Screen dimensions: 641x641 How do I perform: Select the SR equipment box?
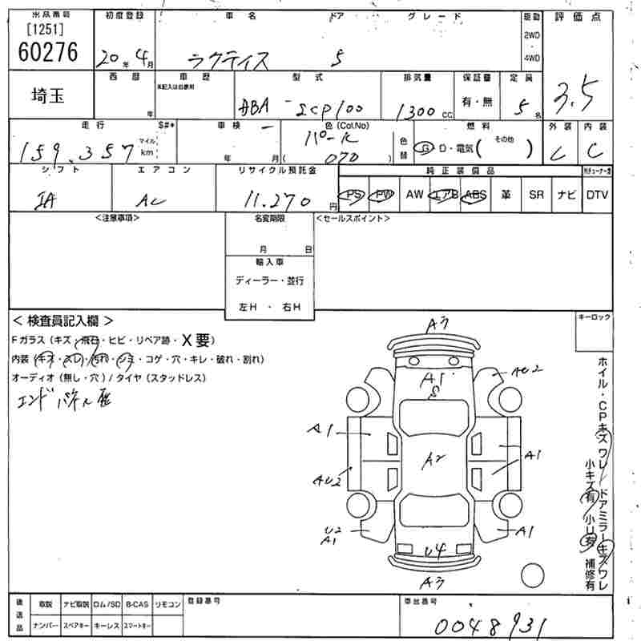point(536,195)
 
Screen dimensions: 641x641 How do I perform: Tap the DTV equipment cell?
point(596,195)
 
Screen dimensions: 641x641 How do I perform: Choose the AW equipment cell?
point(414,195)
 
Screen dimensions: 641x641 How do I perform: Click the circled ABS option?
point(476,195)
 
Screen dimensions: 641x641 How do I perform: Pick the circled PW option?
point(385,195)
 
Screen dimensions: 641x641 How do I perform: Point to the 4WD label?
point(531,58)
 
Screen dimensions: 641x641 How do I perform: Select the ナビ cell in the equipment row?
point(566,195)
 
